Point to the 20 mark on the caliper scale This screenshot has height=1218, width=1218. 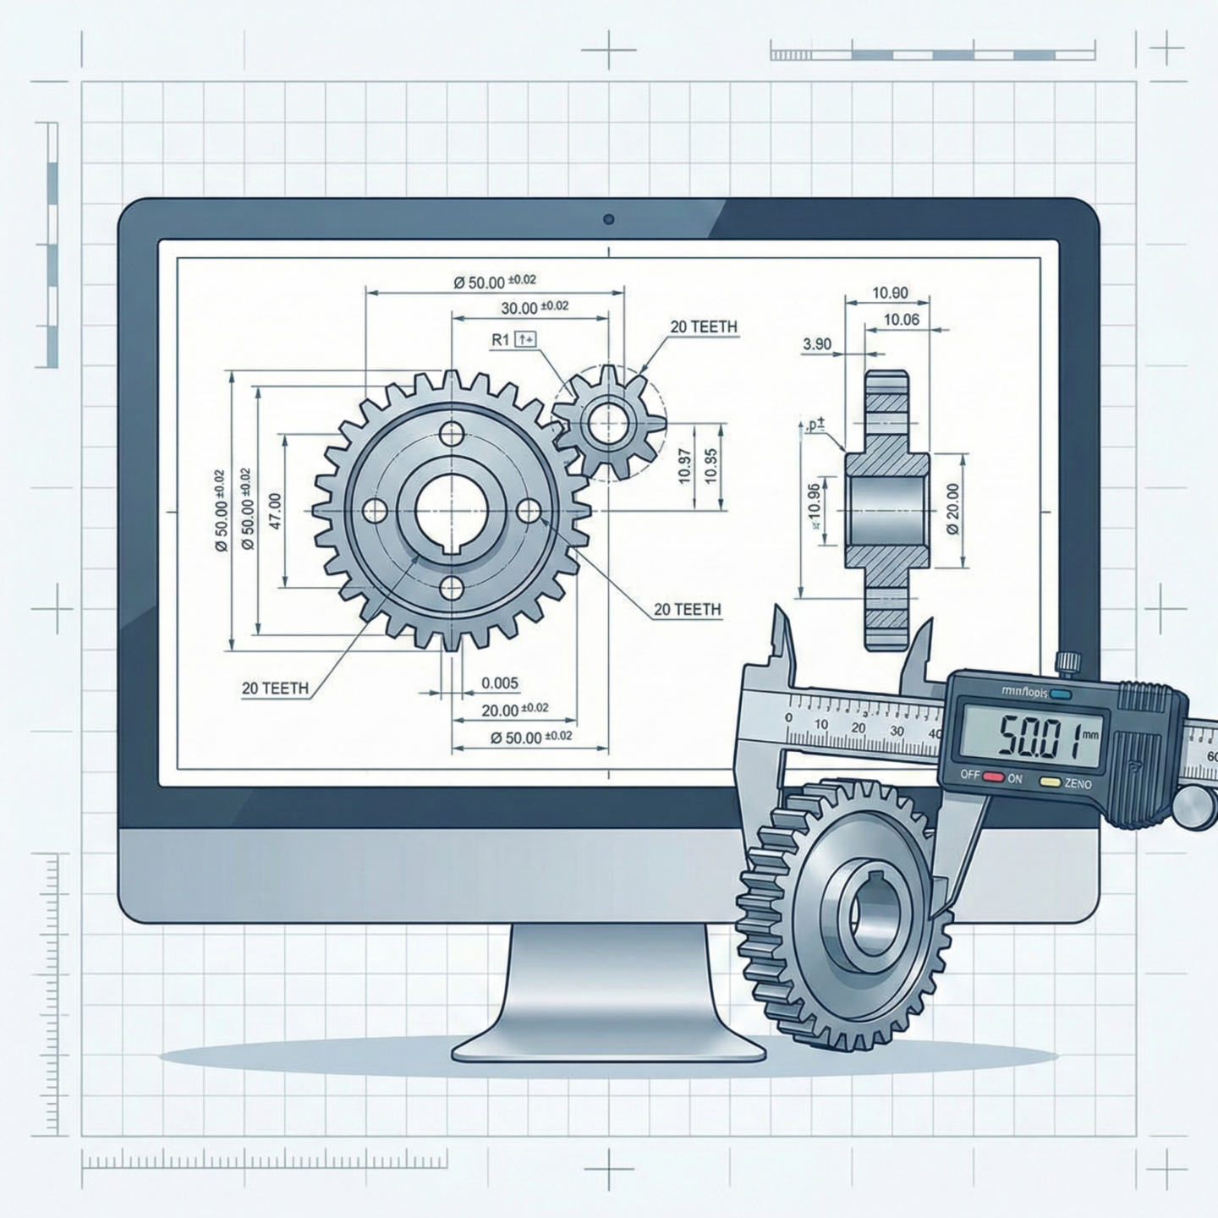pos(859,728)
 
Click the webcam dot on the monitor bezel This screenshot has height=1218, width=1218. pos(608,220)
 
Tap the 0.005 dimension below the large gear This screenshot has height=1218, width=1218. pos(499,683)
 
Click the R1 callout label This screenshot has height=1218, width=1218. pos(500,340)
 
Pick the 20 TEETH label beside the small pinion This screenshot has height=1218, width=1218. pos(703,326)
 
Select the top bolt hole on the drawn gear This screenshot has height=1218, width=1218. pos(453,435)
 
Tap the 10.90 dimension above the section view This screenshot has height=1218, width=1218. pos(889,294)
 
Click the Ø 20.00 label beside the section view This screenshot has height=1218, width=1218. pos(953,509)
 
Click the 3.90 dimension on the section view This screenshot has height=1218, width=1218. pos(816,344)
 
